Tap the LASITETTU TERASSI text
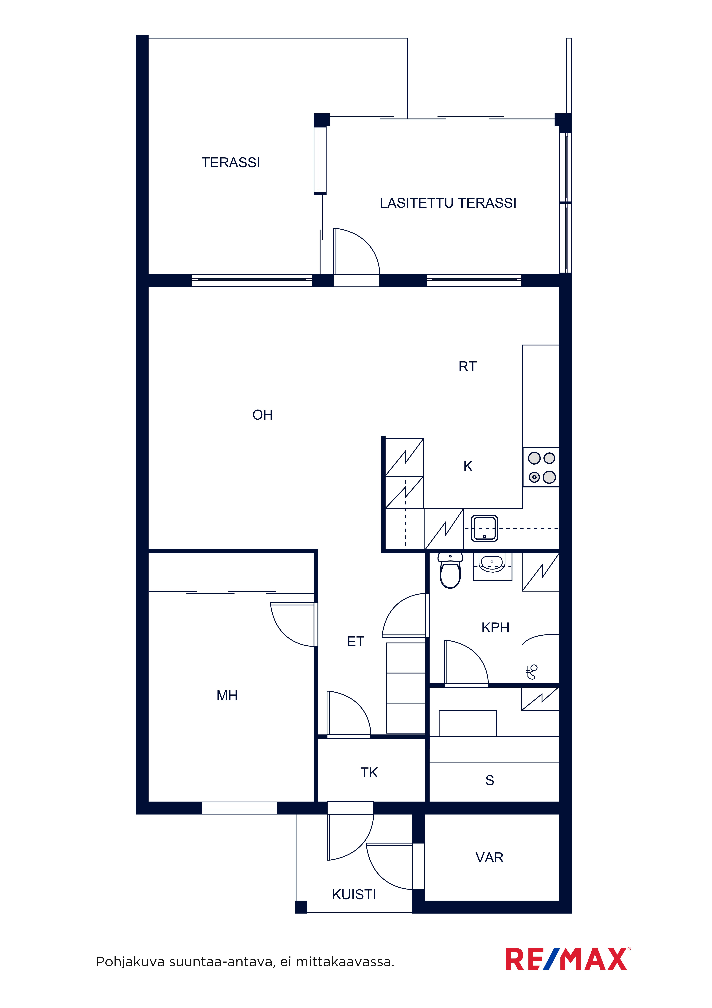pyautogui.click(x=448, y=203)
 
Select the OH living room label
pyautogui.click(x=262, y=415)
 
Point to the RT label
pyautogui.click(x=467, y=367)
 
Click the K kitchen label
pyautogui.click(x=468, y=466)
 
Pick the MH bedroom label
pyautogui.click(x=227, y=695)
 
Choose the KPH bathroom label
pyautogui.click(x=495, y=628)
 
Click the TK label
pyautogui.click(x=369, y=773)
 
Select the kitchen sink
pyautogui.click(x=484, y=528)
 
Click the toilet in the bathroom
pyautogui.click(x=450, y=570)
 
